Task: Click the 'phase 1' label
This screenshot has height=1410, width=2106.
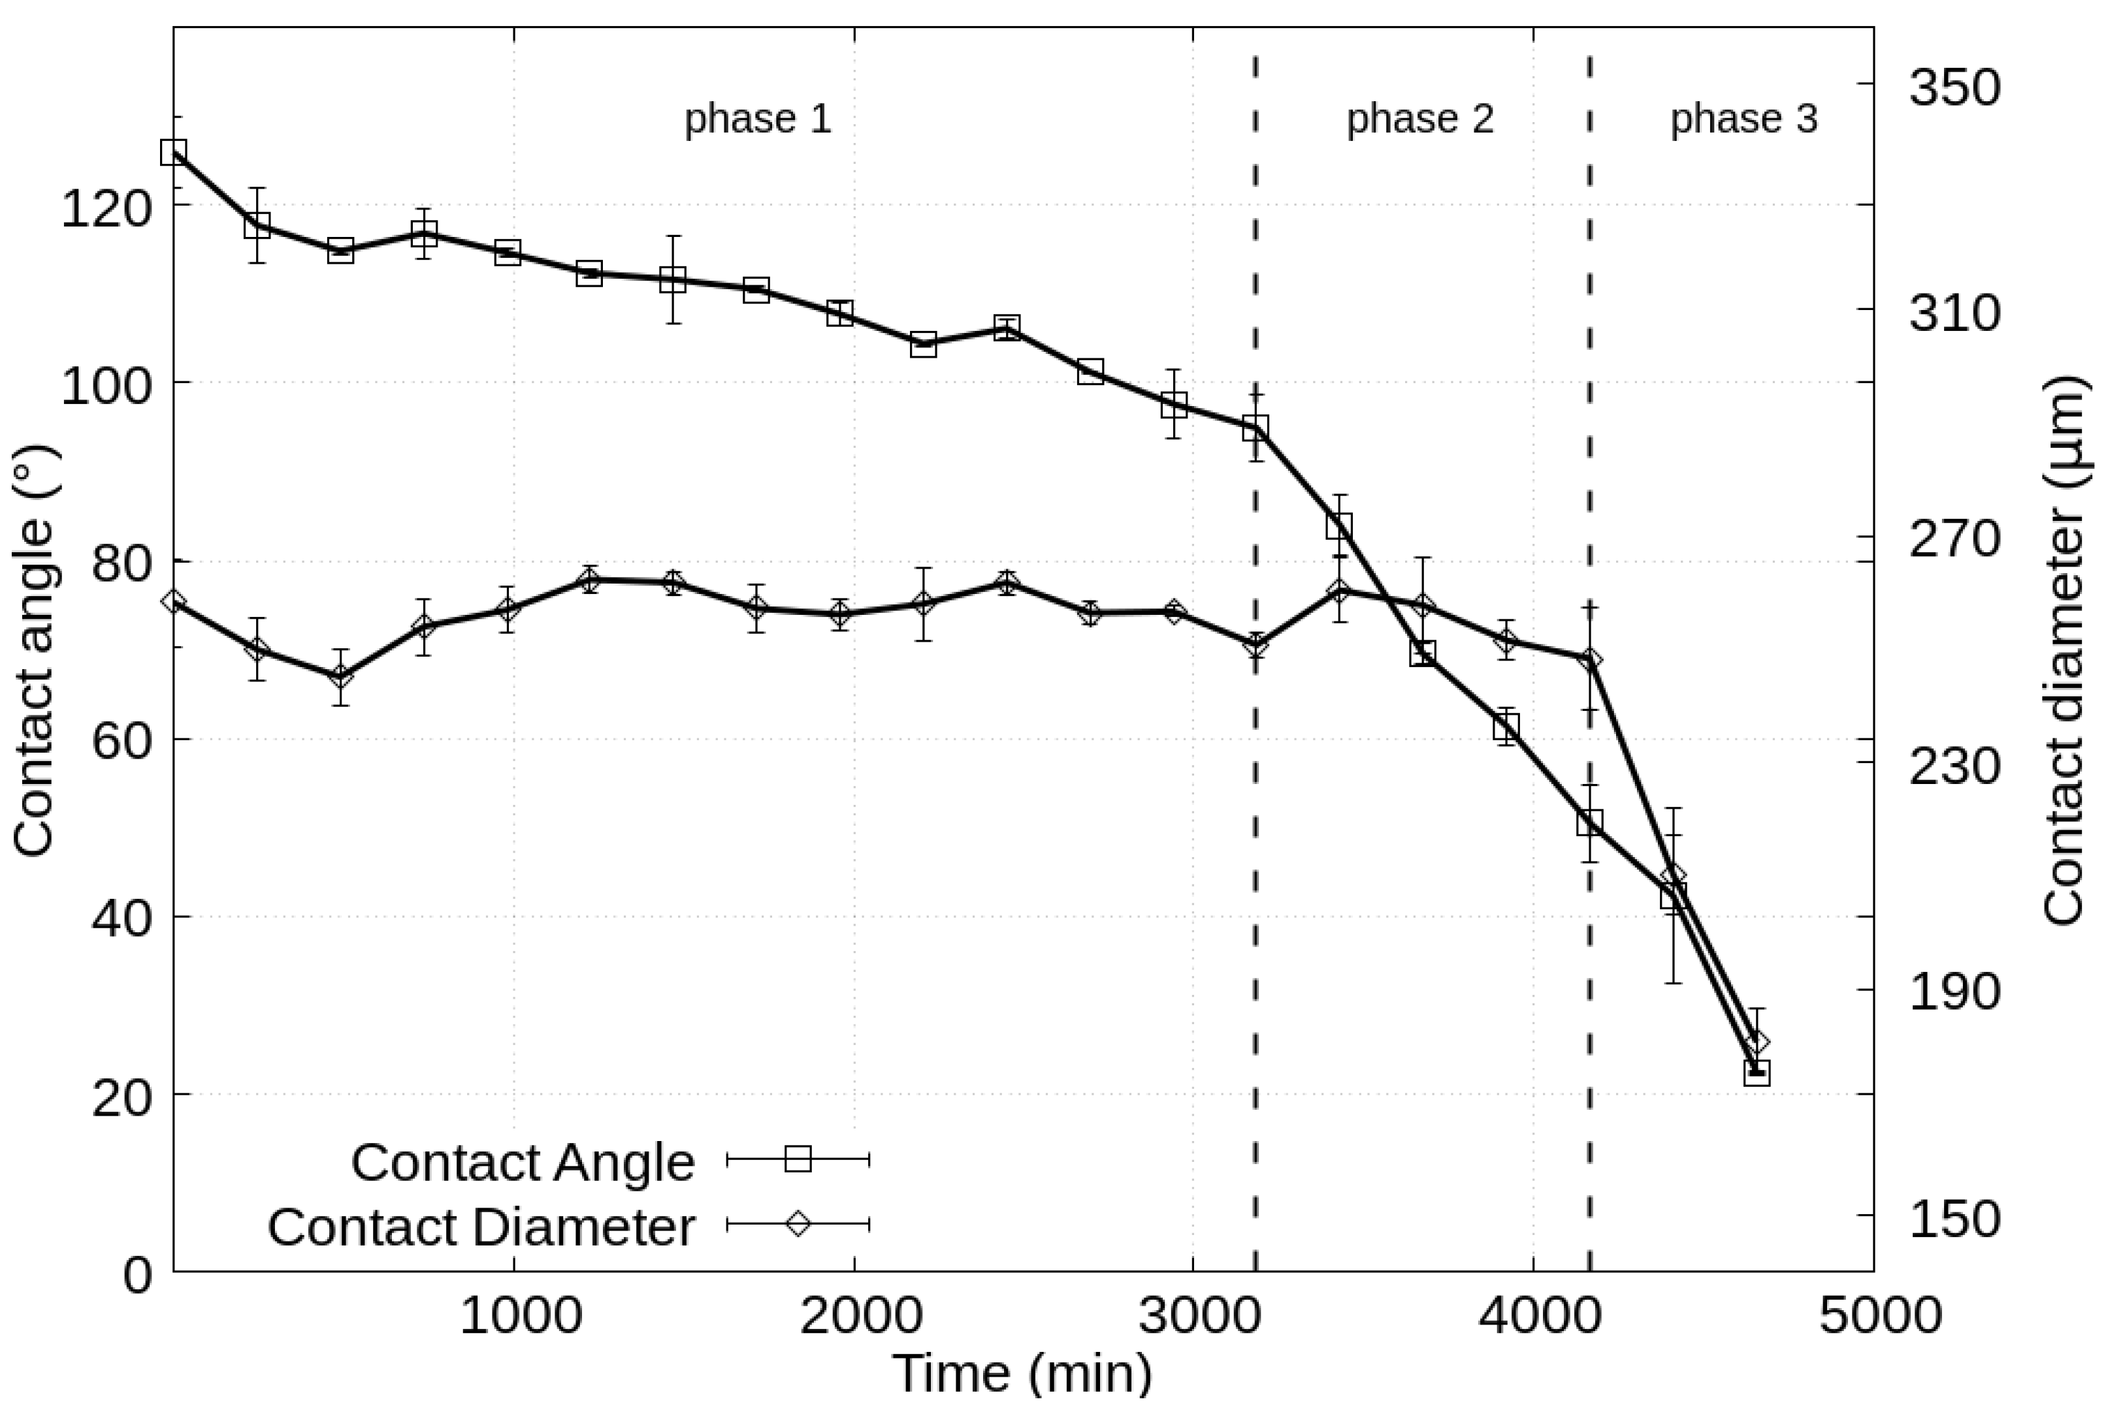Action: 758,119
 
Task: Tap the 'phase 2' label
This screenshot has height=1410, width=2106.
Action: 1419,119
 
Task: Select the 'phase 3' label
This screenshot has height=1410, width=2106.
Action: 1743,119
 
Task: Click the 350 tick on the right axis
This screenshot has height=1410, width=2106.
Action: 1954,87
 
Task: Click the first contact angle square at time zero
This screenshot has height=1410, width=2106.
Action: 174,152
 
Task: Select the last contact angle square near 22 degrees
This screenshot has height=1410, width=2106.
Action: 1756,1072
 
